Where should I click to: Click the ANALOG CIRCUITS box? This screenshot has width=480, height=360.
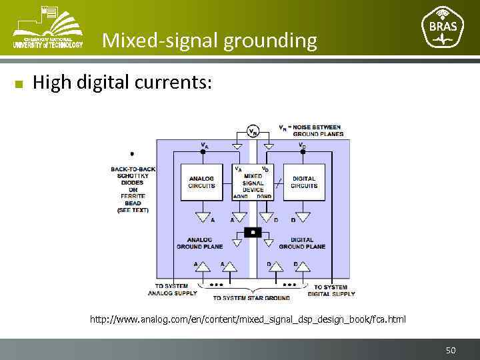[x=202, y=181]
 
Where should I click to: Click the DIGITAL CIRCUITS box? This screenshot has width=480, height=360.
[x=303, y=181]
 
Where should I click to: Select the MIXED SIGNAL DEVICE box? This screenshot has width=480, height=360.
[x=253, y=181]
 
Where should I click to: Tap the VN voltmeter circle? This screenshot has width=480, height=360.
[x=253, y=131]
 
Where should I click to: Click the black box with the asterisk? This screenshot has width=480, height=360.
[x=253, y=232]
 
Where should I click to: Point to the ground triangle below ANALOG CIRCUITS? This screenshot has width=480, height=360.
[x=202, y=217]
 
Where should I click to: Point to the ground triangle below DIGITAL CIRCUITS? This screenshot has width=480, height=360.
[x=303, y=217]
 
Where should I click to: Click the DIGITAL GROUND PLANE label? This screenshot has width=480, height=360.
[x=302, y=243]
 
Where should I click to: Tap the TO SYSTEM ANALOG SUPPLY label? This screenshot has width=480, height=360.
[x=172, y=290]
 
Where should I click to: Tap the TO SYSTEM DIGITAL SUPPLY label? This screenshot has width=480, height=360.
[x=331, y=290]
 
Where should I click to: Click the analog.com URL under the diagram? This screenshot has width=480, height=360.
[x=247, y=319]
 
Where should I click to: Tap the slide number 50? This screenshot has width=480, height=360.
[x=451, y=349]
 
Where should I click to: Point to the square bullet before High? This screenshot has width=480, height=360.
[x=19, y=84]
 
